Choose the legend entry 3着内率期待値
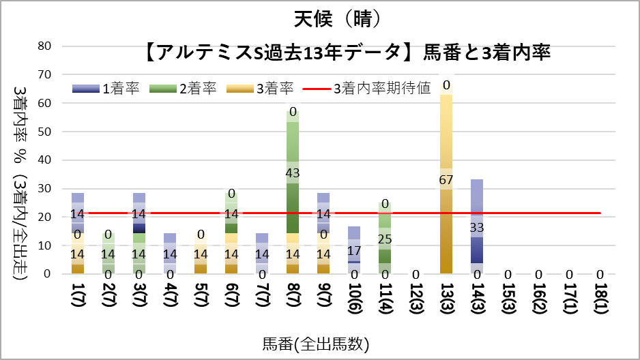(x=381, y=89)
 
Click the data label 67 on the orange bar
(x=446, y=180)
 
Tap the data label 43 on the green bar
(x=293, y=173)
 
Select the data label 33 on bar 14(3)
(x=477, y=228)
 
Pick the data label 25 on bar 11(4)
(x=385, y=239)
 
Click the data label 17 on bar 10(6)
(x=354, y=250)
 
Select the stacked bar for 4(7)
(x=170, y=254)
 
